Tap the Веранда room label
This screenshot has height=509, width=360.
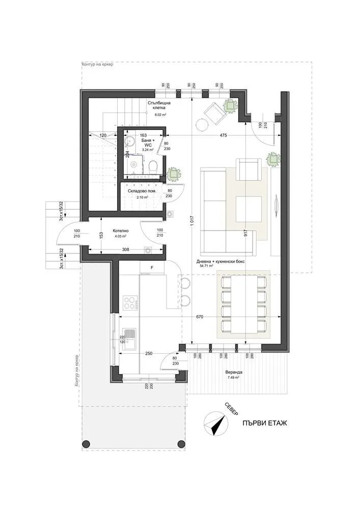tap(234, 372)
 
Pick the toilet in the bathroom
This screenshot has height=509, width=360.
tap(153, 165)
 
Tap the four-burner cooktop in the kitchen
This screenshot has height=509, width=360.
tap(131, 303)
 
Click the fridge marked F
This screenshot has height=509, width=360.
tap(151, 267)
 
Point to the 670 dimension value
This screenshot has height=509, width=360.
tap(200, 317)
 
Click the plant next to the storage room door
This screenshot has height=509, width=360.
tap(174, 174)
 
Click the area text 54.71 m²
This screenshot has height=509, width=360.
tap(206, 266)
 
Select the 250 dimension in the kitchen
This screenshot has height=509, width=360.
tap(149, 353)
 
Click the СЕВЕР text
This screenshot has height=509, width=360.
tap(231, 410)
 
